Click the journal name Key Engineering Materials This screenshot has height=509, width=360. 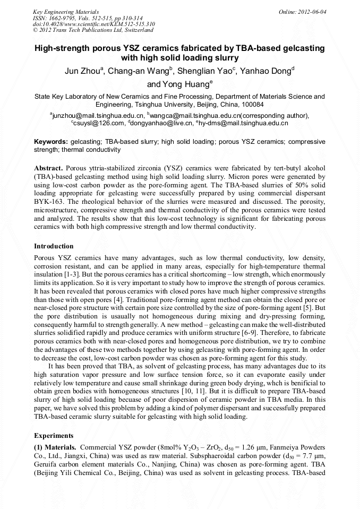pyautogui.click(x=65, y=11)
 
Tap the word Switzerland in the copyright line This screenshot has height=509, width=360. pyautogui.click(x=136, y=30)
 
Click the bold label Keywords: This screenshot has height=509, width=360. pyautogui.click(x=51, y=142)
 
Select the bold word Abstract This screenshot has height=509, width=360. pyautogui.click(x=49, y=168)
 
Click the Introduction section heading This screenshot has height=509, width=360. pyautogui.click(x=54, y=246)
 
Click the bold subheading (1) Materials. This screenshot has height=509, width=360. pyautogui.click(x=55, y=447)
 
